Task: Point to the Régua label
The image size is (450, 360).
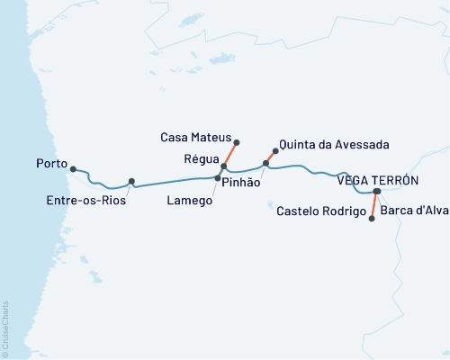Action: tap(199, 160)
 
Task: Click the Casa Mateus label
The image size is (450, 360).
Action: tap(195, 138)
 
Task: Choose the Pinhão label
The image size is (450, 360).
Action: tap(240, 183)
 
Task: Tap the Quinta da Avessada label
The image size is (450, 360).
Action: tap(321, 144)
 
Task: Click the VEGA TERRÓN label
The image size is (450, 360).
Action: tap(377, 180)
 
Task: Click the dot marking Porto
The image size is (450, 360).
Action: tap(73, 168)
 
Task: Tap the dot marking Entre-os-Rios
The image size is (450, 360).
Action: tap(131, 181)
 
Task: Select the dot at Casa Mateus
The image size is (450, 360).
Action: tap(236, 142)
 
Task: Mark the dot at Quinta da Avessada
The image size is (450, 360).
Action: tap(275, 151)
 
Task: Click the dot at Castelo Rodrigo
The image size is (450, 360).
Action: tap(373, 218)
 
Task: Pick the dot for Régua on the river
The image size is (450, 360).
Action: tap(223, 166)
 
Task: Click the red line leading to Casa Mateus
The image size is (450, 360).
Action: tap(229, 155)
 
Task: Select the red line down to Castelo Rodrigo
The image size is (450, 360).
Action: tap(374, 205)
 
